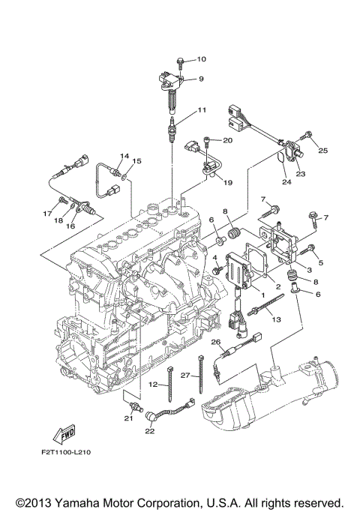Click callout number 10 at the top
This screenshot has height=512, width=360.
[201, 58]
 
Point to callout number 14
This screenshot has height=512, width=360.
[125, 155]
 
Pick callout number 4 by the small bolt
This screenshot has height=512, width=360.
[214, 258]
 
